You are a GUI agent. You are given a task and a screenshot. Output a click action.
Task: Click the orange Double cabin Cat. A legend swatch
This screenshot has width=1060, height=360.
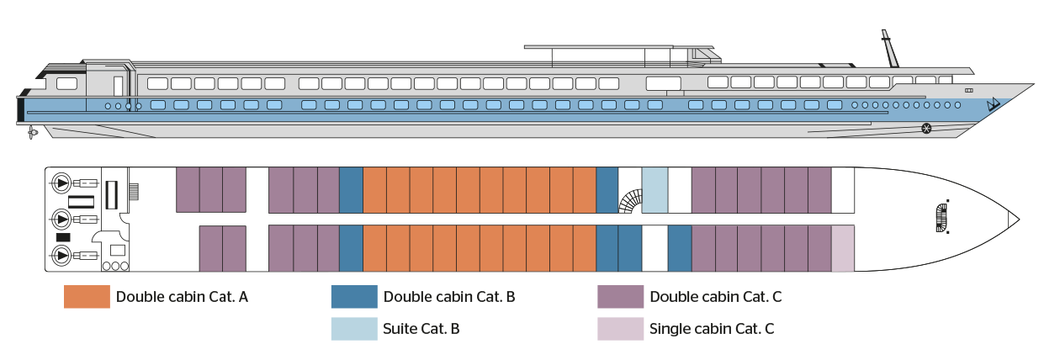[87, 297]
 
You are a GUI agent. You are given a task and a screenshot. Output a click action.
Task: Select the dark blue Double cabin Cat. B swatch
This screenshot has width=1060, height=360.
[353, 297]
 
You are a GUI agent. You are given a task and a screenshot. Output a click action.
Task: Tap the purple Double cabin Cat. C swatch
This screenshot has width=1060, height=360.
[620, 297]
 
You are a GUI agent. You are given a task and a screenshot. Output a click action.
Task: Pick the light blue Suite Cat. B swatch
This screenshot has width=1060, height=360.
[353, 328]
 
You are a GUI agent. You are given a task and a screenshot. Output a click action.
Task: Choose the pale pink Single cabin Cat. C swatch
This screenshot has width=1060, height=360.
[620, 328]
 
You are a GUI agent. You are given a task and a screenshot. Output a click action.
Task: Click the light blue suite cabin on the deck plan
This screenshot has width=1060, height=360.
[655, 189]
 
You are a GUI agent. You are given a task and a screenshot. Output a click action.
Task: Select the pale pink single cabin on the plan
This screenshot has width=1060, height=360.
[842, 249]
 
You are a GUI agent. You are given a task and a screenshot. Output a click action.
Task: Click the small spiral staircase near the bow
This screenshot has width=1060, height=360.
[941, 218]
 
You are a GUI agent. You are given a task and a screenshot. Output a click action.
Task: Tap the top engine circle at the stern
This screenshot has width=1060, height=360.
[62, 183]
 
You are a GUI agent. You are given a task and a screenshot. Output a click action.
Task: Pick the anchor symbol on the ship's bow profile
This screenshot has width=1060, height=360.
[993, 105]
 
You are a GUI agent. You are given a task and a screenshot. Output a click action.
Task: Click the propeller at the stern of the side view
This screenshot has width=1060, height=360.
[32, 133]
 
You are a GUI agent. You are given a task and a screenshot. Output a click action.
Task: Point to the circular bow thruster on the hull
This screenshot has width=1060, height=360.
[926, 129]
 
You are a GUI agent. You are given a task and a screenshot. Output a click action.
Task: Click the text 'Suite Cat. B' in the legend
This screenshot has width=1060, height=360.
[421, 328]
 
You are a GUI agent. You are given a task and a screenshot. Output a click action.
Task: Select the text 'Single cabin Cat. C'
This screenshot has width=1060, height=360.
[711, 328]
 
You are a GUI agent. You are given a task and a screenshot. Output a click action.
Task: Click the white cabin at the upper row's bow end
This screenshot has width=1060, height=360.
[842, 189]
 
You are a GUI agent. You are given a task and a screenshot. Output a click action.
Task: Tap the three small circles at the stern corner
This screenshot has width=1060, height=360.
[115, 266]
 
